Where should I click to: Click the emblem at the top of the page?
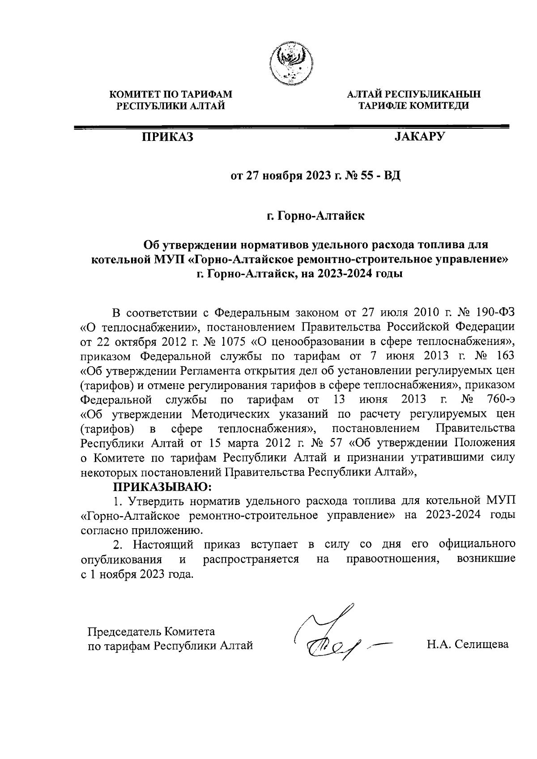[292, 63]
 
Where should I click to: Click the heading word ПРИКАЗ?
[167, 137]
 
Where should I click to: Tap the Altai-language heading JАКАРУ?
[419, 136]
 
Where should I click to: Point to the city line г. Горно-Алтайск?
[316, 216]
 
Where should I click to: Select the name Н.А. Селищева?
[468, 645]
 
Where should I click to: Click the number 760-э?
[500, 399]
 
